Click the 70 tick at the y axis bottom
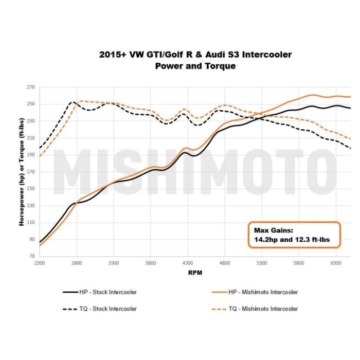pyautogui.click(x=31, y=256)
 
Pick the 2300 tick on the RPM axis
pyautogui.click(x=40, y=263)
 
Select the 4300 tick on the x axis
pyautogui.click(x=188, y=263)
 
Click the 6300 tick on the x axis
pyautogui.click(x=336, y=263)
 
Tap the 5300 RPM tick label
pyautogui.click(x=262, y=263)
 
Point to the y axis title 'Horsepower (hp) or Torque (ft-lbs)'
pyautogui.click(x=22, y=172)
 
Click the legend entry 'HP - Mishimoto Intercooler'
pyautogui.click(x=262, y=292)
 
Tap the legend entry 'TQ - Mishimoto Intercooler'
pyautogui.click(x=262, y=309)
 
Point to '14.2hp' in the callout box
pyautogui.click(x=266, y=239)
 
